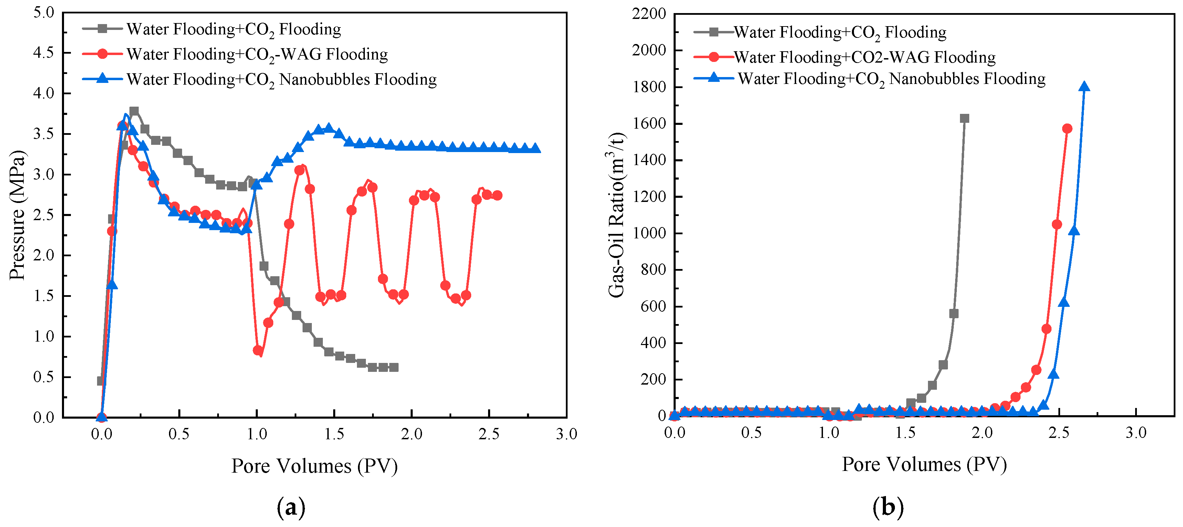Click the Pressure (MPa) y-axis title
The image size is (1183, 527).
click(x=18, y=215)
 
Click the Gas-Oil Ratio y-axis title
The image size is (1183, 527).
click(x=617, y=215)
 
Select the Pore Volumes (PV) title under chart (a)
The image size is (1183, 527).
click(x=314, y=466)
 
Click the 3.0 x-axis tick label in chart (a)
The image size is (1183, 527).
click(x=566, y=434)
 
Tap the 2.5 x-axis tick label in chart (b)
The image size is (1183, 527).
click(x=1059, y=432)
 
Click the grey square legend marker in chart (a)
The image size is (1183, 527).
click(x=103, y=29)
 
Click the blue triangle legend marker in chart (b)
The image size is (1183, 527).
click(x=714, y=78)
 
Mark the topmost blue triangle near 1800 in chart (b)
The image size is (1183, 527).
click(x=1084, y=87)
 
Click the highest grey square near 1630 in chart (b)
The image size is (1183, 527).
click(x=964, y=118)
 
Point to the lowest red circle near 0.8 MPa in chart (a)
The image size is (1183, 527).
click(x=258, y=350)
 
